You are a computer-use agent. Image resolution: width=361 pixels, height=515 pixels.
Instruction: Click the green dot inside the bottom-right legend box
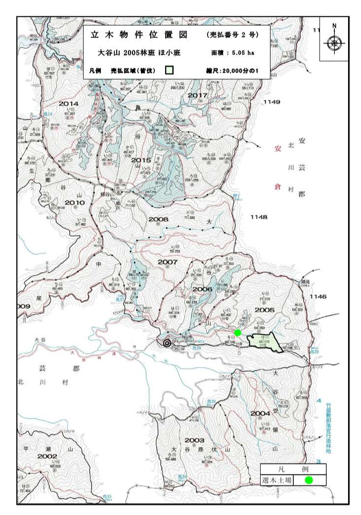coord(309,479)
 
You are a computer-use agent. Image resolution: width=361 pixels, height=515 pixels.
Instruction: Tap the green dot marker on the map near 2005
coord(237,332)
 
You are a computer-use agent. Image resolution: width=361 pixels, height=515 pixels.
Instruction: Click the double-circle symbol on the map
coord(168,342)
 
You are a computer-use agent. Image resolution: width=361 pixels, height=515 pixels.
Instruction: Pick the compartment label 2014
coord(69,103)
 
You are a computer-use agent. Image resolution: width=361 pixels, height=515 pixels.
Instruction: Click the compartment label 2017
coord(197,95)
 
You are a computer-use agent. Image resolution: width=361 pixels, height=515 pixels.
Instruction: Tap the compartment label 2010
coord(75,203)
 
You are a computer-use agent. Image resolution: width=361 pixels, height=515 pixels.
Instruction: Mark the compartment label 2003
coord(194,440)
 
